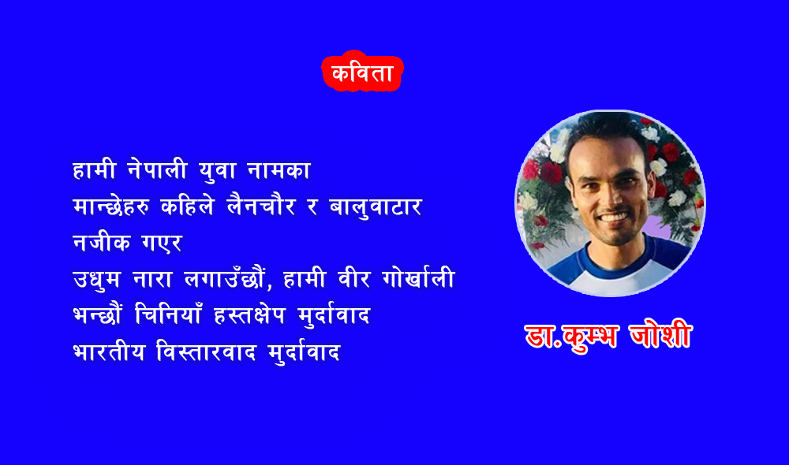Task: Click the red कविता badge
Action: [362, 72]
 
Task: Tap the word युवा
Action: [218, 170]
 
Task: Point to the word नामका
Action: [279, 170]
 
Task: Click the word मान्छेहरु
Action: [110, 206]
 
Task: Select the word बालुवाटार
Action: [376, 207]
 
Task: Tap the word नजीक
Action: [102, 242]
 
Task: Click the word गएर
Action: [162, 243]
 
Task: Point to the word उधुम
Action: [96, 280]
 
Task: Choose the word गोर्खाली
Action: [419, 277]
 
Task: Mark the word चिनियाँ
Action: [169, 314]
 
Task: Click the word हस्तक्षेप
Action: [249, 316]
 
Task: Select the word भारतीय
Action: [109, 351]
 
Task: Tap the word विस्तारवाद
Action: [206, 351]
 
